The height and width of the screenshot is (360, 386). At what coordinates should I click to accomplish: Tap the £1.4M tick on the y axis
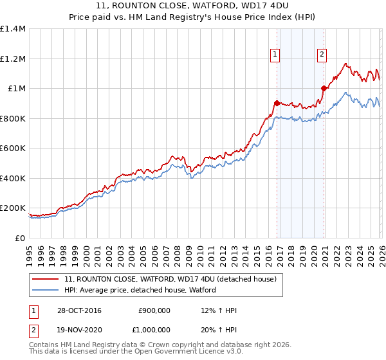click(x=13, y=29)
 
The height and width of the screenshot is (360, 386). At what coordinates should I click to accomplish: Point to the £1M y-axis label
click(x=16, y=89)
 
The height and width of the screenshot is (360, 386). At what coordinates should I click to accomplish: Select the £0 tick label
click(x=20, y=238)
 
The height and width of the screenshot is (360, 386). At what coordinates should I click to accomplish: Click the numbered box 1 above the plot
click(x=275, y=55)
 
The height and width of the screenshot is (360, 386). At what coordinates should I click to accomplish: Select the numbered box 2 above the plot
click(x=321, y=55)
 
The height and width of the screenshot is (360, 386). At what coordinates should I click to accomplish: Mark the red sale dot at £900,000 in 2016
click(x=277, y=103)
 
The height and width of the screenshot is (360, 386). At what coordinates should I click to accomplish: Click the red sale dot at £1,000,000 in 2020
click(x=324, y=89)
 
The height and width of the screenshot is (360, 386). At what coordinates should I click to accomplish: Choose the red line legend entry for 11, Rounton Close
click(x=170, y=279)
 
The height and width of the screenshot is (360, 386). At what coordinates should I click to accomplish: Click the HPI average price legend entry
click(x=140, y=290)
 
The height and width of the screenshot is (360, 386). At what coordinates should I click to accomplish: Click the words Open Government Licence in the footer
click(x=196, y=353)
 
